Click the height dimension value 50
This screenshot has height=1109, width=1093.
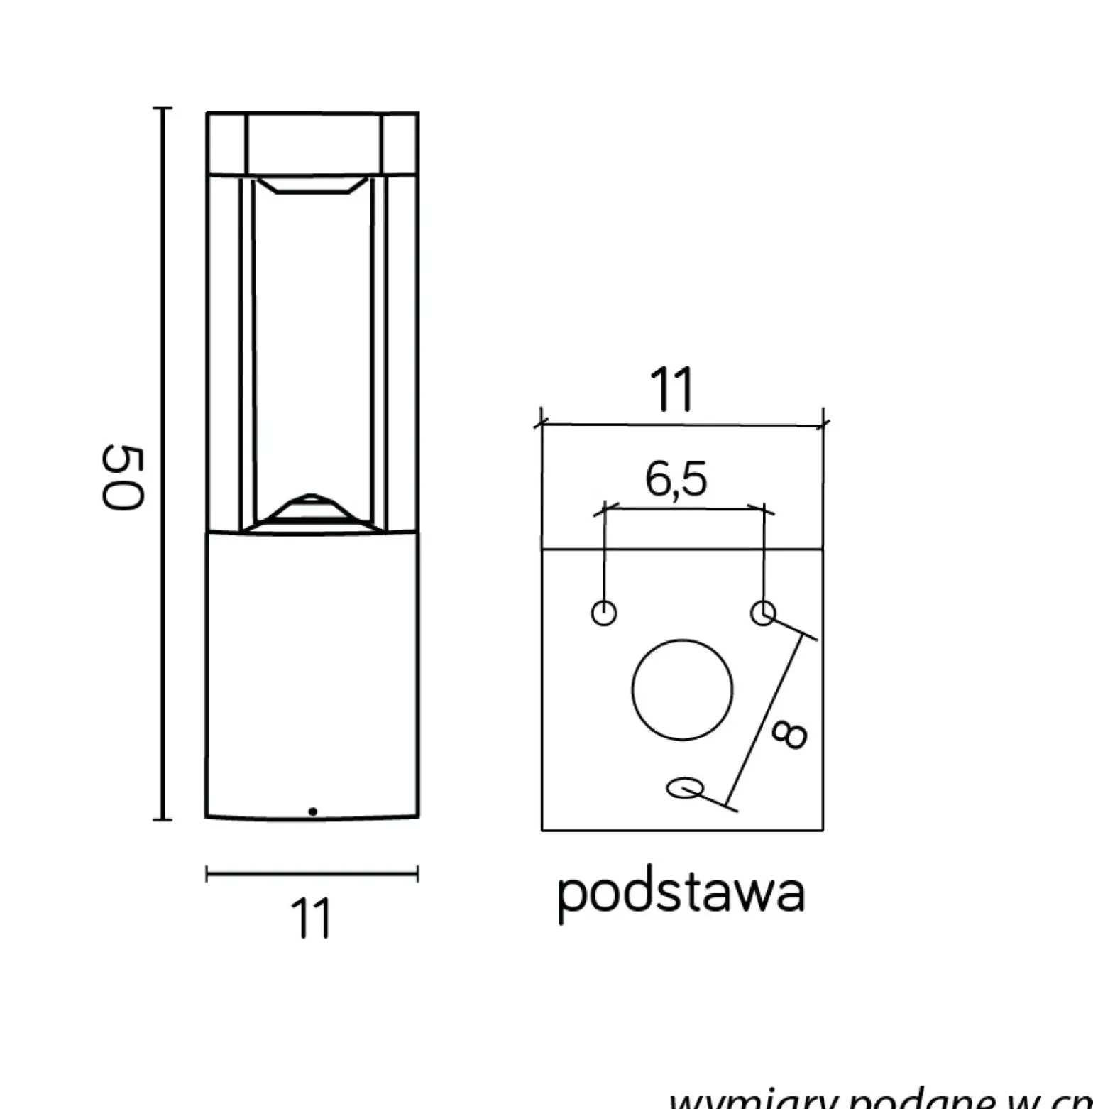pos(123,476)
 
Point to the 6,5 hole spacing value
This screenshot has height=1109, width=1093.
pos(676,480)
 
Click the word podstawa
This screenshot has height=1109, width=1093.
pos(681,893)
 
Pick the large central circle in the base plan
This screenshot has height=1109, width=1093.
pos(682,690)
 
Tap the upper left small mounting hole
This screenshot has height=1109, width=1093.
pos(603,612)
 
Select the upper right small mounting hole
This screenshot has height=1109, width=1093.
pos(763,612)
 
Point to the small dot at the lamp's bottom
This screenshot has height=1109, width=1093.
pos(312,811)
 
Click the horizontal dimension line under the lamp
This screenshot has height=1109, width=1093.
pos(312,874)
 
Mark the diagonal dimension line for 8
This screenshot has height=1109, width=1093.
pos(771,717)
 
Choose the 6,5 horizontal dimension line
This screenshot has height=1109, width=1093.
pos(683,508)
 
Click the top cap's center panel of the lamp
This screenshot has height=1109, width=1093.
pos(312,142)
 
